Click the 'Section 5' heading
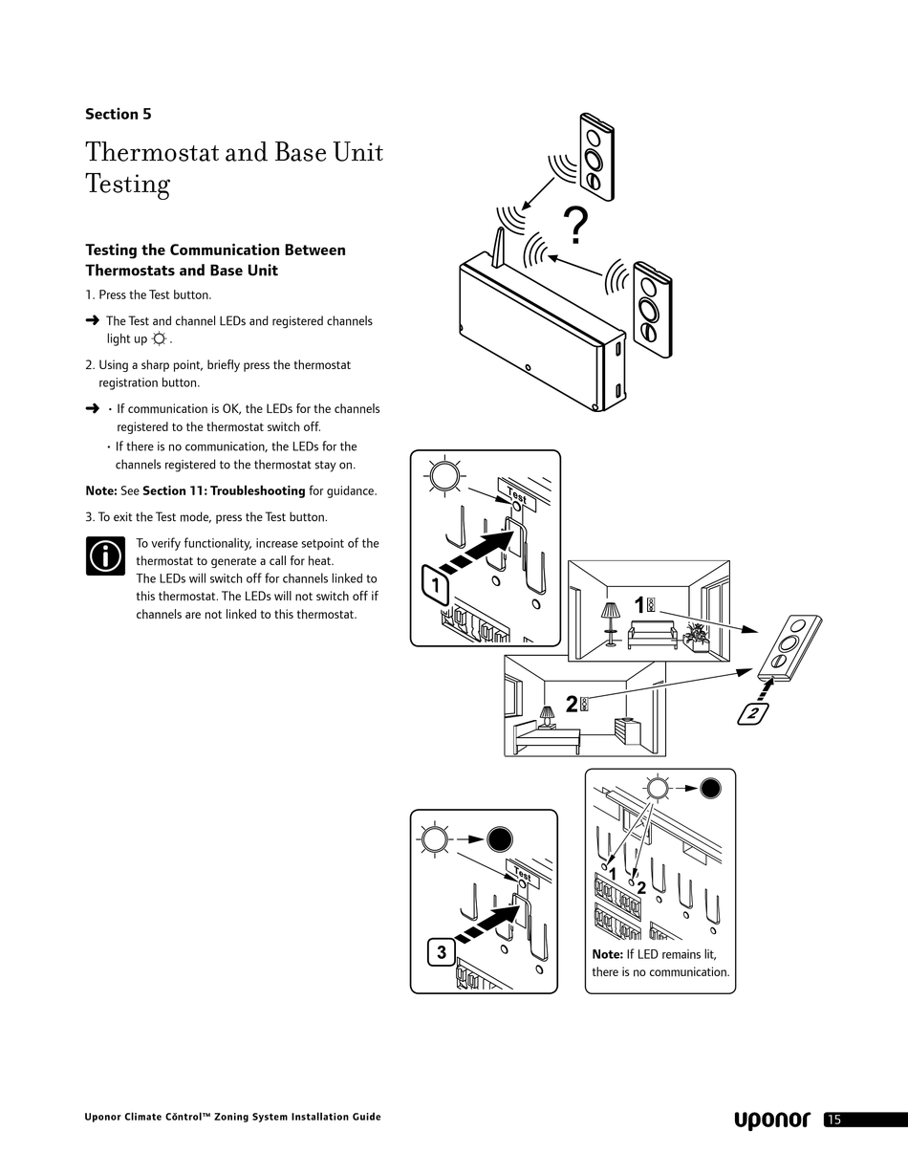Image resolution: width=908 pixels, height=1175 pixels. (x=118, y=114)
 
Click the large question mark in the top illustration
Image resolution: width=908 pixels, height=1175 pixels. (x=574, y=227)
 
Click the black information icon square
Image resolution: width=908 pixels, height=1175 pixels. (x=105, y=555)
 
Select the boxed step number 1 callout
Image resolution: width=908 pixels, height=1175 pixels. (x=435, y=585)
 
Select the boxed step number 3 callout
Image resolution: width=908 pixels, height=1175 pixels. (x=441, y=952)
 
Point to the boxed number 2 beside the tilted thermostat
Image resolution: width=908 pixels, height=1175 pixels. (x=753, y=713)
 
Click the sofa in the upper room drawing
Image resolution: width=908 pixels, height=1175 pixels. (x=652, y=636)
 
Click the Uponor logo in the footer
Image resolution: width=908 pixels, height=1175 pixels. (x=771, y=1120)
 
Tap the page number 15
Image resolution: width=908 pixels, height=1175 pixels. (x=834, y=1120)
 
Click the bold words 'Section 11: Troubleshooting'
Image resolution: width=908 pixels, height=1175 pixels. (x=224, y=490)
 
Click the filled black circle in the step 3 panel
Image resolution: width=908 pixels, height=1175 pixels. (x=500, y=839)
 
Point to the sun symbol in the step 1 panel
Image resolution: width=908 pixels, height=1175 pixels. (x=444, y=475)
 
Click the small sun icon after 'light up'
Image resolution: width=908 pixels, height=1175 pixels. (x=159, y=339)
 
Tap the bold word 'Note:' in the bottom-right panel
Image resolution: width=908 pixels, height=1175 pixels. (x=607, y=954)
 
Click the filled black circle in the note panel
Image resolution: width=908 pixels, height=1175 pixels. (x=710, y=788)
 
